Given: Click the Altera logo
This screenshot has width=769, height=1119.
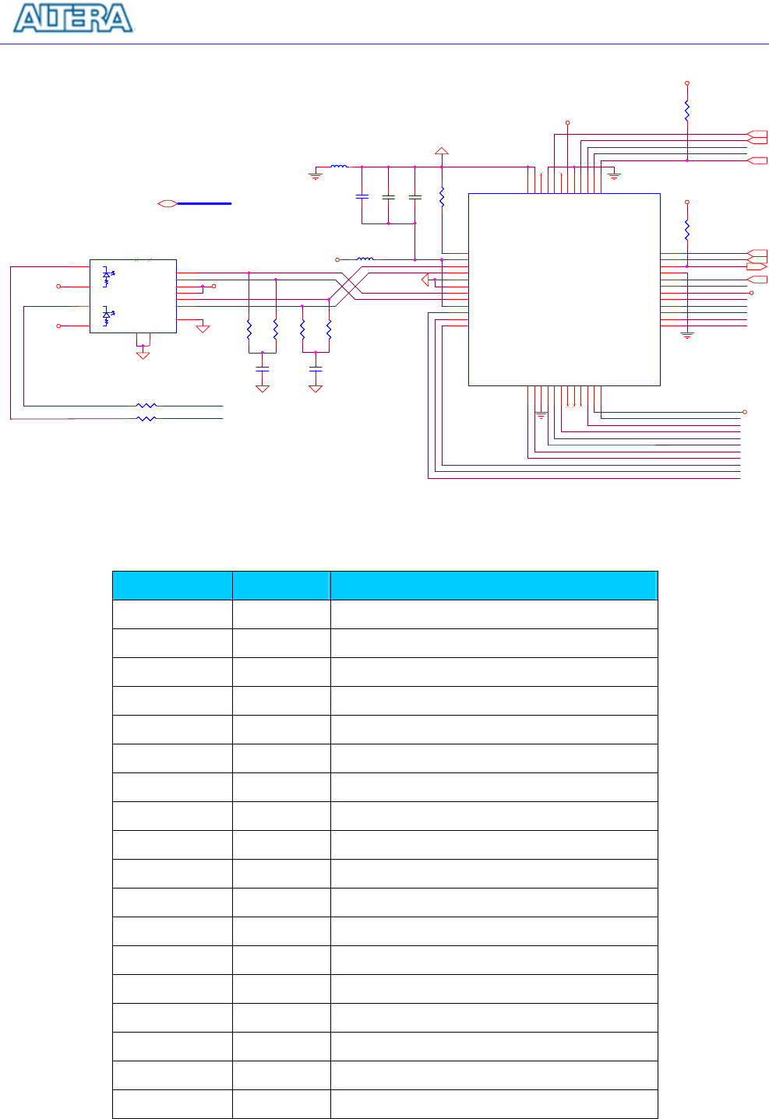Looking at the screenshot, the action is click(74, 18).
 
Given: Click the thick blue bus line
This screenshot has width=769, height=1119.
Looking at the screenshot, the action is click(204, 203).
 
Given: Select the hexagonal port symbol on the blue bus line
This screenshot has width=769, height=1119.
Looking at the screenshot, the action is click(167, 203).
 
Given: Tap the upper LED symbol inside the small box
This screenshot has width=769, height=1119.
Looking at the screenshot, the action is click(108, 276).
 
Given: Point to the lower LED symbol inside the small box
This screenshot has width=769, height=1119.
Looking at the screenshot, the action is click(108, 316).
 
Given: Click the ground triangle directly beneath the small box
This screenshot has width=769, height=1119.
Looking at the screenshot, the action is click(143, 354).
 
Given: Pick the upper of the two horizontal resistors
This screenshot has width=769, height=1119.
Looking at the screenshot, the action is click(146, 406).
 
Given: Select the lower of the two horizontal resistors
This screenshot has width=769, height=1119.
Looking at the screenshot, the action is click(146, 419).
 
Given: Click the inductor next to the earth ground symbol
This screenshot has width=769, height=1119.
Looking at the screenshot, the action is click(339, 166).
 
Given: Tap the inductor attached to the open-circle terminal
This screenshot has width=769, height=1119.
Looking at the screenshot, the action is click(365, 259).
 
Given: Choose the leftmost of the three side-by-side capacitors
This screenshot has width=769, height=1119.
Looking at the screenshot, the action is click(362, 197).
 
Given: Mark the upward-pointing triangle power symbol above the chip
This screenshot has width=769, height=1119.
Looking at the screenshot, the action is click(442, 151).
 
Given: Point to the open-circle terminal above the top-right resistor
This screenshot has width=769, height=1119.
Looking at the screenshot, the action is click(686, 83).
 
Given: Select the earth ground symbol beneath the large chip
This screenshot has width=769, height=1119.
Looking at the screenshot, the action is click(541, 417).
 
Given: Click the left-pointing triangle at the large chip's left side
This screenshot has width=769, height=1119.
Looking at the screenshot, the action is click(425, 280).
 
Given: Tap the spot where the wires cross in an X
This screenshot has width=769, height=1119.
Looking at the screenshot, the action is click(348, 283).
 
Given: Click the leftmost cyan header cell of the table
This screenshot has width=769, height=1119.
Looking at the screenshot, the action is click(172, 586).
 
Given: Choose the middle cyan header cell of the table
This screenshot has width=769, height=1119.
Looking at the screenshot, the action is click(281, 586).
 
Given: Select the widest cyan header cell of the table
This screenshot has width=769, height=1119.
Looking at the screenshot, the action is click(494, 586).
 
